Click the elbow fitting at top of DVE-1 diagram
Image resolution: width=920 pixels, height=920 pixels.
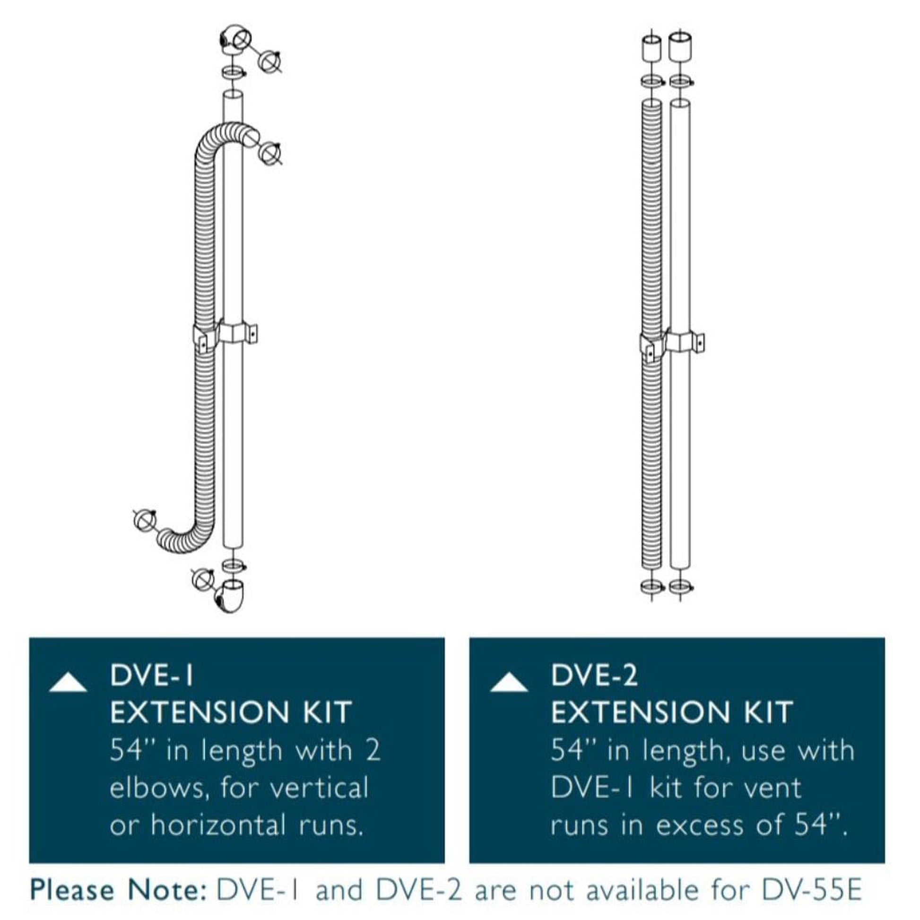click(x=234, y=38)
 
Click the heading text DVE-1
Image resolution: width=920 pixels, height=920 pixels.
click(x=152, y=675)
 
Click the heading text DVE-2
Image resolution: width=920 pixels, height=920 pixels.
click(x=594, y=675)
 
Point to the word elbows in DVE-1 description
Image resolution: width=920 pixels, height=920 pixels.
click(x=159, y=788)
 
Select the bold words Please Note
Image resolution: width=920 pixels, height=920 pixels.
click(x=118, y=889)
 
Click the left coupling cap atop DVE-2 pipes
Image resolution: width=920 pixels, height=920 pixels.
click(x=651, y=48)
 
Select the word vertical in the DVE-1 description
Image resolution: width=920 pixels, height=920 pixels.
click(x=319, y=788)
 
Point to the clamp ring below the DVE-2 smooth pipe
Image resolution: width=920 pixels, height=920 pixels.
click(x=680, y=587)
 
